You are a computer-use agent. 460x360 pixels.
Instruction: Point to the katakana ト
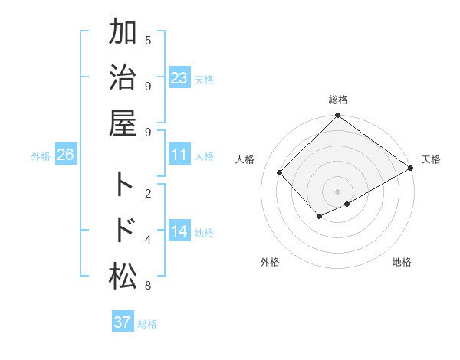point(123,185)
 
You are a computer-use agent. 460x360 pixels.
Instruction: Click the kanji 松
point(123,277)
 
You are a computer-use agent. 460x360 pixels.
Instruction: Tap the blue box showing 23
point(179,78)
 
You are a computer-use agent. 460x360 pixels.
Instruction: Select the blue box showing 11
point(179,155)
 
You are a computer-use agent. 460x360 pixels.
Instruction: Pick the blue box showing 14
point(179,231)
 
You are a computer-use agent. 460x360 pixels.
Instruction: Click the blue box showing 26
point(65,155)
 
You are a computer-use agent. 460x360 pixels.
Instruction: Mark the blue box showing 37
point(123,322)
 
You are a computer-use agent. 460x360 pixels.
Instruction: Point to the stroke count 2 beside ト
point(148,193)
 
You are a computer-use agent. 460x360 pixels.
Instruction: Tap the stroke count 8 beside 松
point(148,286)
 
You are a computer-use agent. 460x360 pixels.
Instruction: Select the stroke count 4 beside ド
point(148,240)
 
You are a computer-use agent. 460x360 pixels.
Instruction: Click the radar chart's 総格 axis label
point(338,100)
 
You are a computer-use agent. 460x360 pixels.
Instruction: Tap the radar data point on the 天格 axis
point(411,168)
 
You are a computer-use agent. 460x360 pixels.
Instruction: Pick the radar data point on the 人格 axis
point(280,172)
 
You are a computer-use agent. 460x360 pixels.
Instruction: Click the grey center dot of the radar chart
point(338,191)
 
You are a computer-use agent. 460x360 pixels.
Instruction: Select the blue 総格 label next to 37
point(147,324)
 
